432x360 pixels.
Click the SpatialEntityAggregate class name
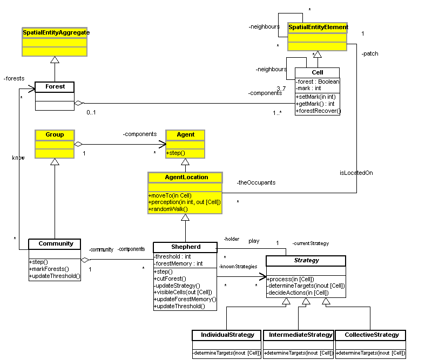point(56,33)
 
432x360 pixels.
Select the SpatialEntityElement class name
point(318,27)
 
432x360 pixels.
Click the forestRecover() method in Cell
point(319,111)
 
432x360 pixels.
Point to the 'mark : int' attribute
point(309,88)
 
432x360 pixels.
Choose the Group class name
point(55,134)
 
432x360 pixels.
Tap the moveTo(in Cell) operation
point(170,195)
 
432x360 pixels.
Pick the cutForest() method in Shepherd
point(168,278)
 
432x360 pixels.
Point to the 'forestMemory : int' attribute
point(178,263)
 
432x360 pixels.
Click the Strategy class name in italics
point(306,261)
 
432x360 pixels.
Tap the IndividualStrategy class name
point(227,335)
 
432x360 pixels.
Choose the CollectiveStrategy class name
point(370,335)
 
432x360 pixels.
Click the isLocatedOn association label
point(356,173)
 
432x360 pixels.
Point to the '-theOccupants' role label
point(256,182)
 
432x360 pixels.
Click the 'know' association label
point(18,158)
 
